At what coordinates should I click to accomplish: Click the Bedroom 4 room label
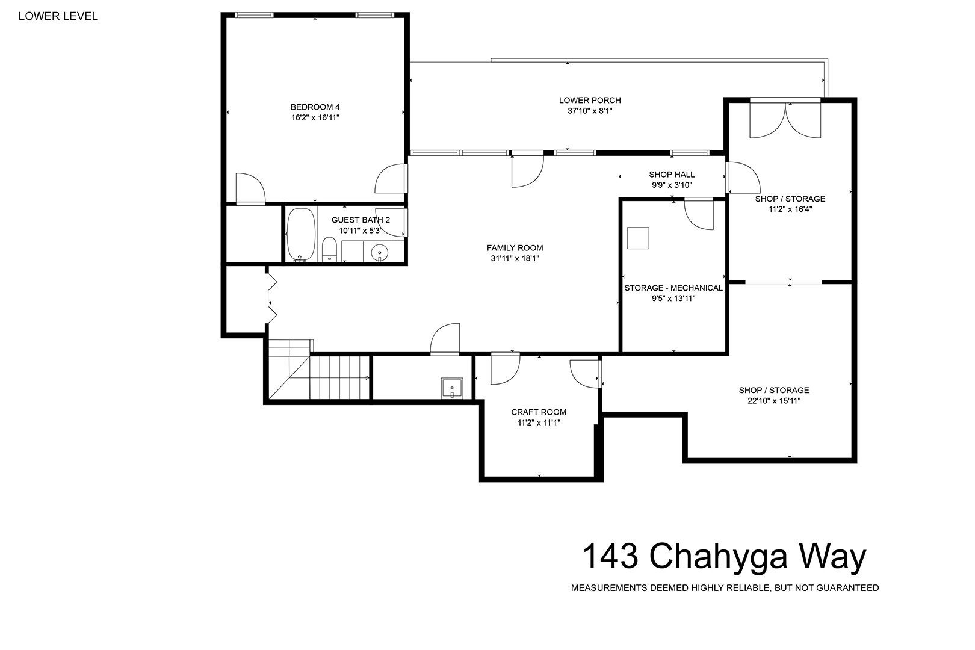click(x=315, y=107)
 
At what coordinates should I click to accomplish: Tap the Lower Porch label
click(x=590, y=100)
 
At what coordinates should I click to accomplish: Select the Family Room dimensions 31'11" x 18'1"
click(x=515, y=259)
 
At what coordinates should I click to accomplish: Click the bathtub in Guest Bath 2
click(x=301, y=234)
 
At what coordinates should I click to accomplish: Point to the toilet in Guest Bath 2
click(x=329, y=249)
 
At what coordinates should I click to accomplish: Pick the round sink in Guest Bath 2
click(x=380, y=252)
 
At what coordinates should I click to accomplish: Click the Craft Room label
click(x=539, y=412)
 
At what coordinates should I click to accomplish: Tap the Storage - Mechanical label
click(x=673, y=288)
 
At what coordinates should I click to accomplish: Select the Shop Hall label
click(x=672, y=174)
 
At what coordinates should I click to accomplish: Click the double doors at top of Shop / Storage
click(x=785, y=120)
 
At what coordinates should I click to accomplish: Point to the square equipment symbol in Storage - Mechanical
click(x=638, y=238)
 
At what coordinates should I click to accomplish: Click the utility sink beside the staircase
click(x=452, y=388)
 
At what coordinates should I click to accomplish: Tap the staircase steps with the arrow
click(x=340, y=377)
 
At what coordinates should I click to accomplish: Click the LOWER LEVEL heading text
click(x=58, y=16)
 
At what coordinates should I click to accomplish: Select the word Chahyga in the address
click(x=718, y=556)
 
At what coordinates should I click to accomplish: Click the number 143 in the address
click(x=610, y=556)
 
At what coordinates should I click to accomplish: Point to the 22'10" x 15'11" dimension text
click(x=774, y=401)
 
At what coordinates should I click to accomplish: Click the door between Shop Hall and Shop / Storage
click(x=743, y=178)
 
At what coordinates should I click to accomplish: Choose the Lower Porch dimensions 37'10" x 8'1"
click(x=590, y=111)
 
